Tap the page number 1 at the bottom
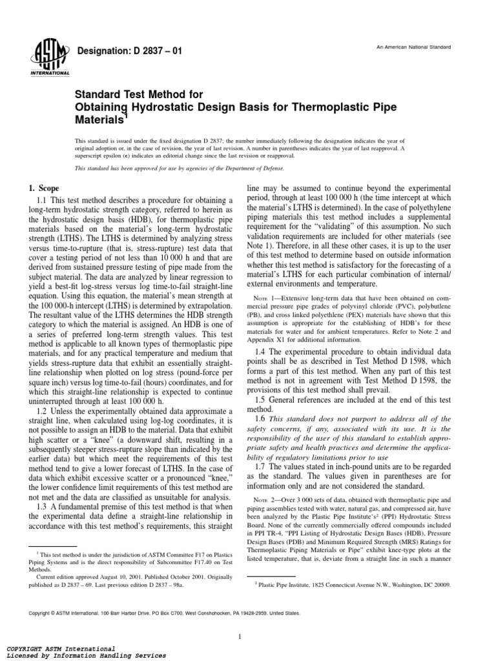click(240, 619)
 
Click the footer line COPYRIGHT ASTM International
click(61, 647)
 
